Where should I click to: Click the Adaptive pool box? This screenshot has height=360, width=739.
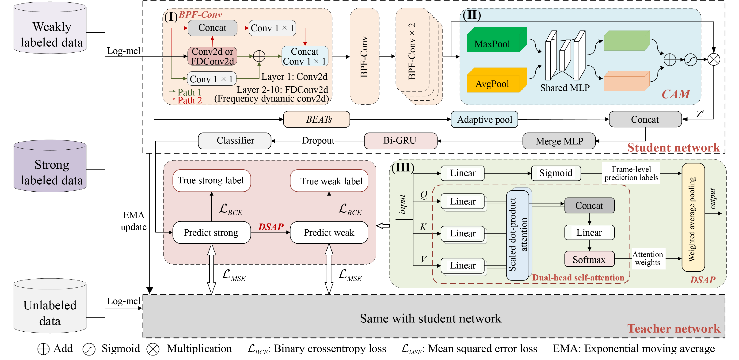coord(484,119)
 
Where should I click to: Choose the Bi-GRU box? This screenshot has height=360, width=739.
coord(400,140)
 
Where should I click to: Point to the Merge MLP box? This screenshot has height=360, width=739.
coord(559,141)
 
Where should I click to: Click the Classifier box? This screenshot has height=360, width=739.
coord(235,140)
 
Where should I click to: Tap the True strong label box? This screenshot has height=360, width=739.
coord(211,180)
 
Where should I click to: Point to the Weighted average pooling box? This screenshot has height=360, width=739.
coord(693,218)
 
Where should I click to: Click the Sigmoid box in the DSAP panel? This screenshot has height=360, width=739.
coord(556,173)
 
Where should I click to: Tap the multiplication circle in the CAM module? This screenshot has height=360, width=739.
coord(713,60)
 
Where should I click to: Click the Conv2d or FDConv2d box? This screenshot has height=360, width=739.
coord(212,56)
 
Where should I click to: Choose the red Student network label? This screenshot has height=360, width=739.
coord(673,148)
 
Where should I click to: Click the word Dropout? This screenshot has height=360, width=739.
coord(318,140)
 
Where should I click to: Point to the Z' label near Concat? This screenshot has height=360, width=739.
coord(700,114)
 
